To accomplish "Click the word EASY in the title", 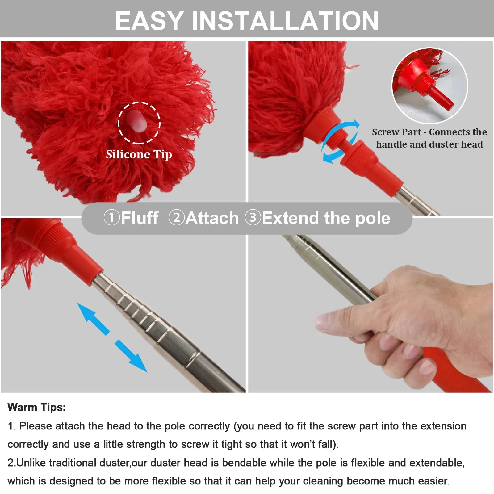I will pyautogui.click(x=149, y=21).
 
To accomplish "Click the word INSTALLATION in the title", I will pyautogui.click(x=285, y=21).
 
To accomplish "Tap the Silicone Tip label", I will pyautogui.click(x=139, y=154).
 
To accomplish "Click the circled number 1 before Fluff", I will pyautogui.click(x=111, y=218).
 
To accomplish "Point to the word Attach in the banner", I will pyautogui.click(x=212, y=218).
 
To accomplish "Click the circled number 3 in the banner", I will pyautogui.click(x=253, y=218).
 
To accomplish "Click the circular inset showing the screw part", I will pyautogui.click(x=430, y=86).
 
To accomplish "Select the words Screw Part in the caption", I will pyautogui.click(x=396, y=132).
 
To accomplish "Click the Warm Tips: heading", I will pyautogui.click(x=36, y=407).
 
